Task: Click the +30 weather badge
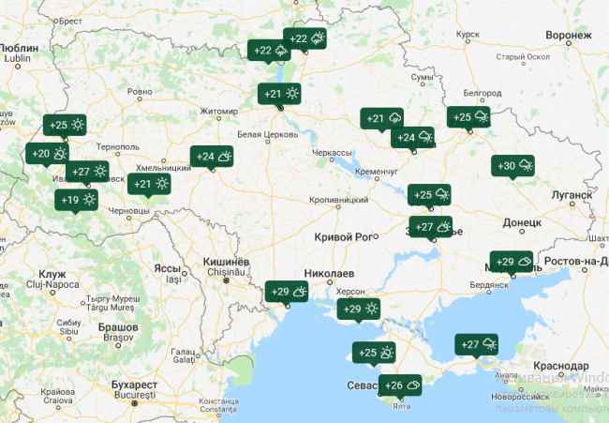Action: coord(513,165)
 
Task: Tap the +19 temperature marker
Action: coord(78,199)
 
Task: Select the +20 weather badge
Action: coord(49,154)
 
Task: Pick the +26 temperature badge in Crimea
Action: coord(400,385)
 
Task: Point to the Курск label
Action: coord(468,35)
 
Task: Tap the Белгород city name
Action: coord(483,93)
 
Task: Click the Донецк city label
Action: coord(523,223)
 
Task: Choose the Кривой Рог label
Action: coord(344,236)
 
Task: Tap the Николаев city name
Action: coord(330,273)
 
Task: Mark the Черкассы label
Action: coord(332,152)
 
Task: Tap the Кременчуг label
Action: coord(378,173)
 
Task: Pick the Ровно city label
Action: coord(139,92)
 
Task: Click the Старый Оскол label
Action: coord(522,57)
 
